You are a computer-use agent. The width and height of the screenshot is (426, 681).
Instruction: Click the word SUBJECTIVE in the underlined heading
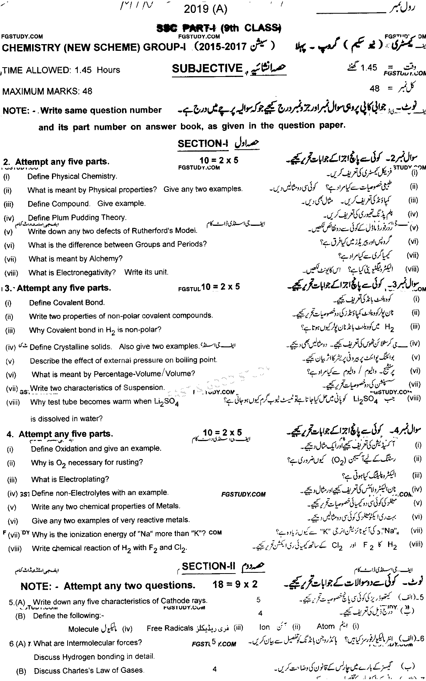(208, 68)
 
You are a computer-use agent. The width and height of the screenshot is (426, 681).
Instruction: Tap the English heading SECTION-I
(203, 143)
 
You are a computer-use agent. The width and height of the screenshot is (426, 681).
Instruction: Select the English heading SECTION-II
(209, 567)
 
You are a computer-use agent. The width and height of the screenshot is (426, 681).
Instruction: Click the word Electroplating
(84, 479)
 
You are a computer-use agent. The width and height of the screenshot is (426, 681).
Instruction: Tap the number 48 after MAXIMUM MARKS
(88, 91)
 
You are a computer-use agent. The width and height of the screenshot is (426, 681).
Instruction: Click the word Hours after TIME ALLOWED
(108, 70)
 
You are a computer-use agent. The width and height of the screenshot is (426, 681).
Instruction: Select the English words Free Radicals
(170, 628)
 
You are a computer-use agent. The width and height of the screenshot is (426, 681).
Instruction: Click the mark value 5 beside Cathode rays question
(258, 600)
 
